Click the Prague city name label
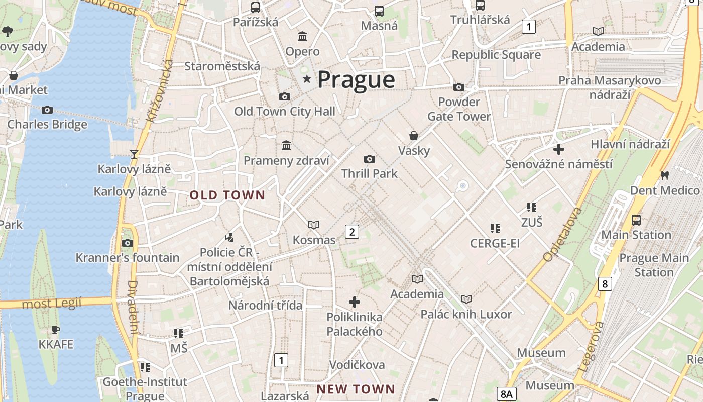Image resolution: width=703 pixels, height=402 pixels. pos(356,80)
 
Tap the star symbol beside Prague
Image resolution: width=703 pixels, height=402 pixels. pos(307,79)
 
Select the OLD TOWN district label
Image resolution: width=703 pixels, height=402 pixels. pos(227,195)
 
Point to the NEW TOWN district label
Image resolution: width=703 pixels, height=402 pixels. pos(356,389)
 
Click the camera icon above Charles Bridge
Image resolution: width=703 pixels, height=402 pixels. pos(47,110)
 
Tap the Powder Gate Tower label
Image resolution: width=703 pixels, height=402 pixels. pos(458,109)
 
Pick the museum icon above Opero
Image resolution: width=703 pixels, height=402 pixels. pos(302,36)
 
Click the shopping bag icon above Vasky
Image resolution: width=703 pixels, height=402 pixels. pos(414,136)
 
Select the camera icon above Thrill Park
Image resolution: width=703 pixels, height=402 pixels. pos(370,159)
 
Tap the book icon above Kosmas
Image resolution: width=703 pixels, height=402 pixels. pos(314,225)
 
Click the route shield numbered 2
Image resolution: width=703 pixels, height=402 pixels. pos(352,232)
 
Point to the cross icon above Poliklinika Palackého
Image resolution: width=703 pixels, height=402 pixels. pos(355,302)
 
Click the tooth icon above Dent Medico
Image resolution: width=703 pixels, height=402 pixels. pos(665,176)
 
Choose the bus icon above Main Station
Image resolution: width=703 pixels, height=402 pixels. pos(636,220)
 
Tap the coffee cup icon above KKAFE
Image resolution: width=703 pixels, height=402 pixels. pos(56,330)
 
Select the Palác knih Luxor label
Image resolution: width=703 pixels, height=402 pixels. pos(466,315)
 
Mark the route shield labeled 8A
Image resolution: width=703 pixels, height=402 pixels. pos(508,394)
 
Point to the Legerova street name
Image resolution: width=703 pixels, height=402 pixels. pos(591,346)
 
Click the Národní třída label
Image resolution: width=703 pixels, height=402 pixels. pos(266,306)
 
